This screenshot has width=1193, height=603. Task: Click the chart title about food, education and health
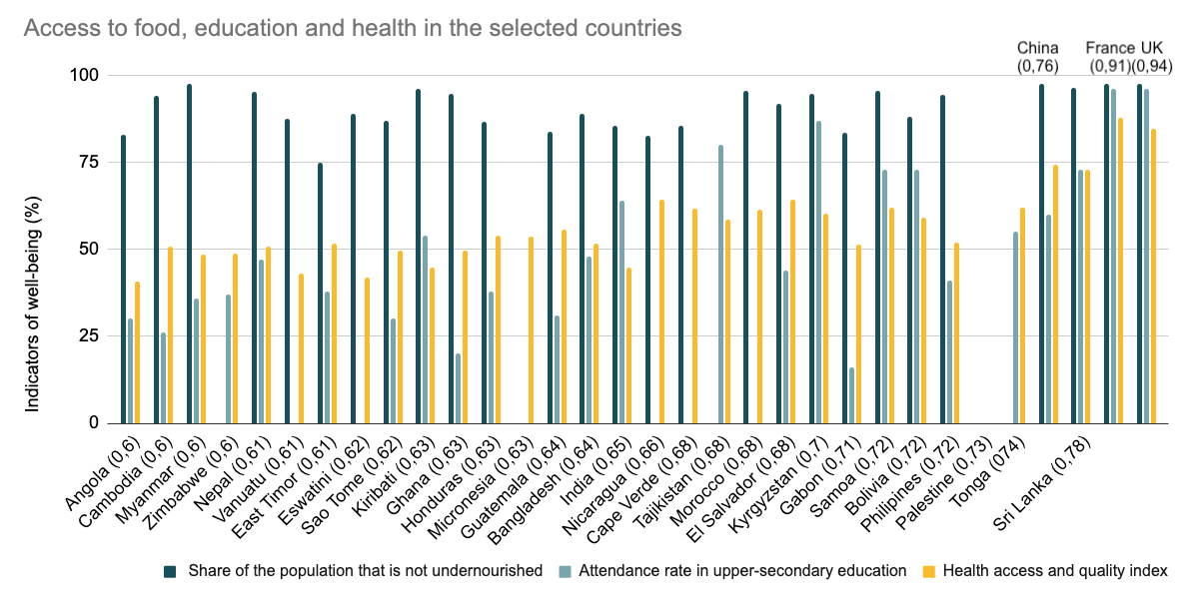[352, 28]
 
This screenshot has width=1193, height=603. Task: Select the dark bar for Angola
[124, 279]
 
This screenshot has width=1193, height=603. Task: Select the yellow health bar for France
[1121, 271]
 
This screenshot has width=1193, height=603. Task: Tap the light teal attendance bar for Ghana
[459, 388]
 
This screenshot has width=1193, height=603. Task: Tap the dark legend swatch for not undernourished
[170, 571]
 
